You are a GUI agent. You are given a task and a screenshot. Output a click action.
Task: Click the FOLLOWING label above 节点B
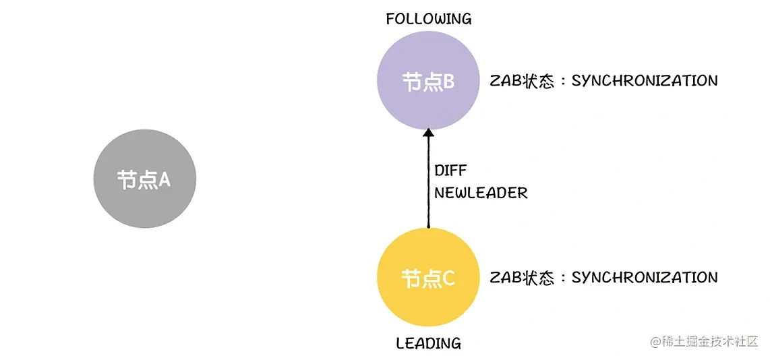click(x=428, y=19)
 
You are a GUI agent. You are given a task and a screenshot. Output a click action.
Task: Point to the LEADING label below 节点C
click(x=428, y=343)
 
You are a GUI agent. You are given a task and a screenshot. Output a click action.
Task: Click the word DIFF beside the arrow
click(x=450, y=170)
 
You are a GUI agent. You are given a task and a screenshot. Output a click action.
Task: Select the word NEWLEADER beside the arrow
click(x=480, y=193)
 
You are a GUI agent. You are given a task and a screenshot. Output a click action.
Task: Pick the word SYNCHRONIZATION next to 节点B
click(x=644, y=81)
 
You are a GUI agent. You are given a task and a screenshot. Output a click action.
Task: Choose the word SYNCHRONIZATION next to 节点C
click(x=644, y=277)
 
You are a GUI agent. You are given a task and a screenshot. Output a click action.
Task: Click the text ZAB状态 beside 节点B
click(x=522, y=81)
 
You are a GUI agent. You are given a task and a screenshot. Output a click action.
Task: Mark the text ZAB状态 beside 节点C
click(x=522, y=277)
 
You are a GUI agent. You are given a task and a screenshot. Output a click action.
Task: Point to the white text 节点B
click(x=427, y=82)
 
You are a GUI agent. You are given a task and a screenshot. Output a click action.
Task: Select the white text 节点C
click(x=427, y=278)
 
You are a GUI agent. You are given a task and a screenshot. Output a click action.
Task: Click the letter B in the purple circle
click(x=448, y=82)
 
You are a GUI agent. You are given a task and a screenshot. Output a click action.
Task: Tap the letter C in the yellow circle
click(x=448, y=278)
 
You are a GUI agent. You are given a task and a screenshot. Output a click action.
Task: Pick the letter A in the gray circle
click(x=164, y=179)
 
